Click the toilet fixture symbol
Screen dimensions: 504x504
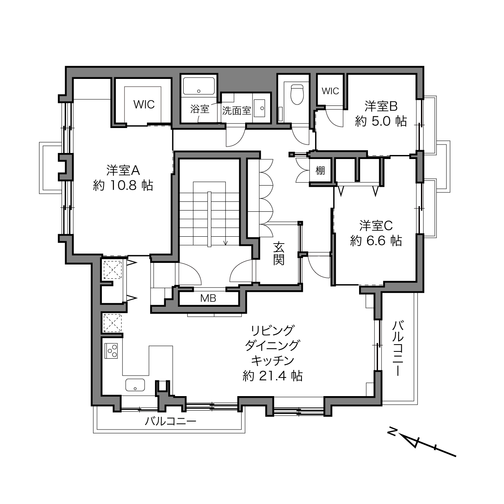coord(297,94)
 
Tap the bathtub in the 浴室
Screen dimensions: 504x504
coord(199,86)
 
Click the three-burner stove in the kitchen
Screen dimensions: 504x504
coord(111,351)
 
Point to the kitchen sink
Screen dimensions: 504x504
coord(135,385)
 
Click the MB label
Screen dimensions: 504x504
coord(208,298)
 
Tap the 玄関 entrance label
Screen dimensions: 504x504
coord(279,254)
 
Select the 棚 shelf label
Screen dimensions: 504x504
coord(320,171)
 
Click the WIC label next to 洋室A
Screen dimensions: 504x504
coord(144,104)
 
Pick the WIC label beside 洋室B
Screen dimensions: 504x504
coord(330,91)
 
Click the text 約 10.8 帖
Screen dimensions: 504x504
coord(123,186)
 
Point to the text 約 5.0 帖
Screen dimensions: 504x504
coord(381,121)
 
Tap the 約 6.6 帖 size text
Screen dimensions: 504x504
coord(376,241)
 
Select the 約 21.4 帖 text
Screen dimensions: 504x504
coord(273,376)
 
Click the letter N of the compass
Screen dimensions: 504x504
coord(392,432)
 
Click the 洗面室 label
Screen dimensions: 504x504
coord(237,111)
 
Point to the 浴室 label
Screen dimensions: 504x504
coord(200,109)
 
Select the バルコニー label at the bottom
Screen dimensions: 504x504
coord(171,421)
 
